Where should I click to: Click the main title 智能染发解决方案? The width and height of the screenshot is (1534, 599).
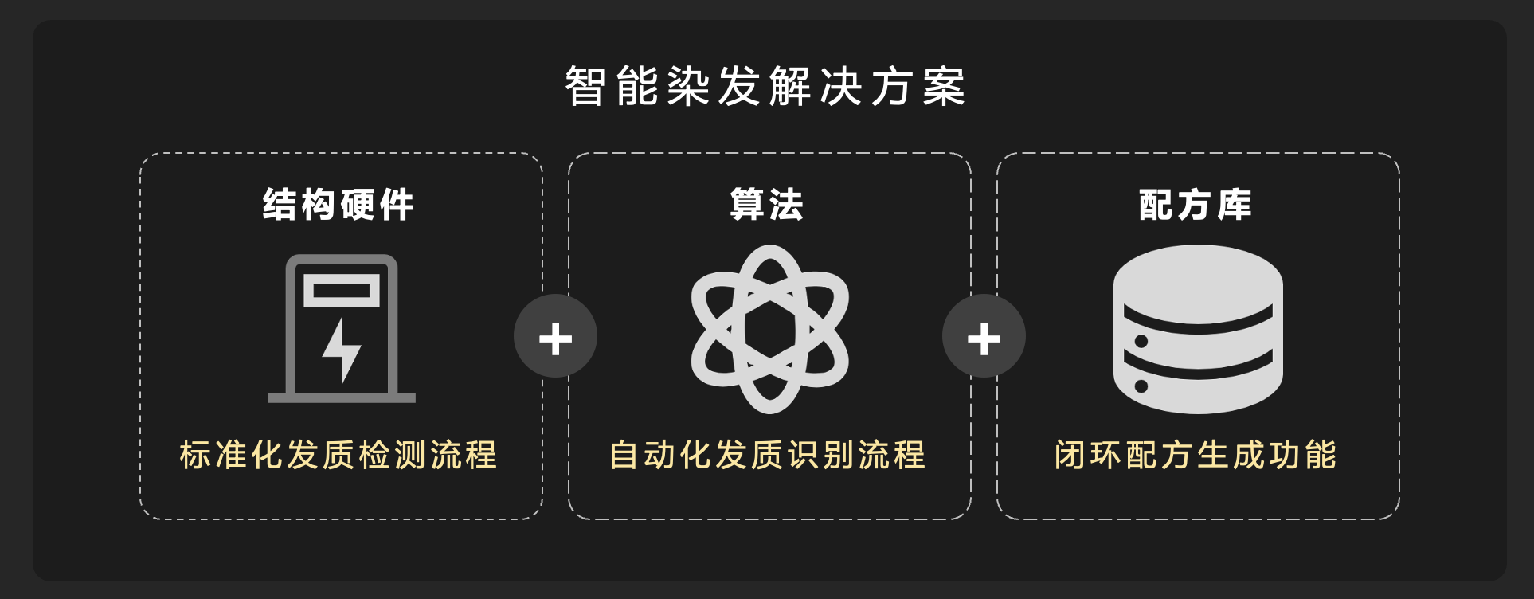(x=765, y=86)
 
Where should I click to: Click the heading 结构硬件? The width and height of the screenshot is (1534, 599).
(x=338, y=205)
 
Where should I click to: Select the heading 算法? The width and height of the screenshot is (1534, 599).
(x=767, y=205)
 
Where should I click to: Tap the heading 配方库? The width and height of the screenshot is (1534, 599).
(x=1195, y=205)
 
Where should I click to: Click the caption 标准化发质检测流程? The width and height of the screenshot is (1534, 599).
(x=338, y=455)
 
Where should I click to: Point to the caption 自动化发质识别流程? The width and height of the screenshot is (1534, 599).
(x=767, y=455)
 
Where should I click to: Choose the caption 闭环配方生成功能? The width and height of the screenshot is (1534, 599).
(x=1196, y=455)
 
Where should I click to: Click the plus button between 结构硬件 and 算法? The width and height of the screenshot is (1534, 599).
(x=555, y=338)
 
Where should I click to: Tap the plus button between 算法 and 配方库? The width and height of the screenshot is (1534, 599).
(x=984, y=338)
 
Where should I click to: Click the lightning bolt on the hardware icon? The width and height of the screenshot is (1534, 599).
(x=342, y=350)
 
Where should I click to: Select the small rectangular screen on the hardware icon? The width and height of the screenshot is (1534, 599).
(x=342, y=291)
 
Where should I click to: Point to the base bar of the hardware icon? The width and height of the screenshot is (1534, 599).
(x=342, y=397)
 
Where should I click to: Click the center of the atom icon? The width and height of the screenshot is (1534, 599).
(x=769, y=329)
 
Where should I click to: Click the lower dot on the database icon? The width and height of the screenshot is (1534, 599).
(x=1141, y=386)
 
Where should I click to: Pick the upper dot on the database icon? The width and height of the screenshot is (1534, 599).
(x=1141, y=342)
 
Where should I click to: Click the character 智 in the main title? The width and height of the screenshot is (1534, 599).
(x=585, y=86)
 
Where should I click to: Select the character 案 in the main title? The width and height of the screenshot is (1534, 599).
(x=945, y=86)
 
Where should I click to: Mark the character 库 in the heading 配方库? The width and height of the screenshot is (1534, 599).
(x=1234, y=205)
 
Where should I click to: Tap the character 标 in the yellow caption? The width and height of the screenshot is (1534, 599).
(x=195, y=455)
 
